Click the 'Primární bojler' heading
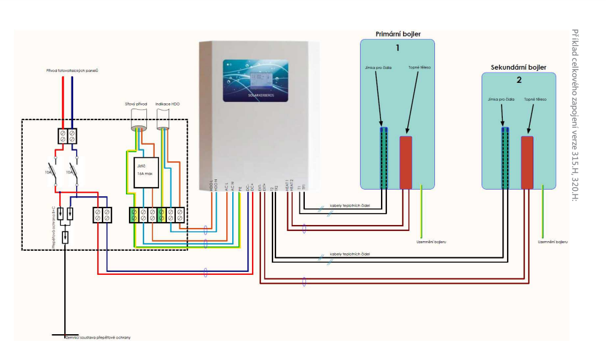[x=396, y=34]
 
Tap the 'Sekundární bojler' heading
[x=518, y=67]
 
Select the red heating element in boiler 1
[x=406, y=162]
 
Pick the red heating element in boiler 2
[x=527, y=162]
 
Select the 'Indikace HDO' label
[x=167, y=104]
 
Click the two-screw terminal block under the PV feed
[x=67, y=136]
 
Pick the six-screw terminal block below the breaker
[x=156, y=214]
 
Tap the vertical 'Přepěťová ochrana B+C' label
[x=53, y=226]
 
